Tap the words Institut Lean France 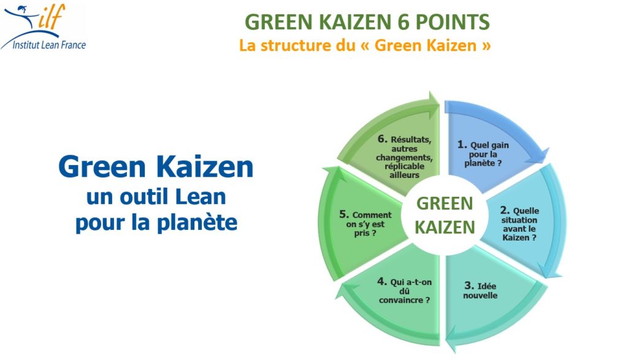coord(43,44)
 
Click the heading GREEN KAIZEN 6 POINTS coord(367,22)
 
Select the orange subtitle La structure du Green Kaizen coord(365,45)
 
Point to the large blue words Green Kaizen coord(156,167)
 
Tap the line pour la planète coord(156,222)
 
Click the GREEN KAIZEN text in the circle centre coord(444,215)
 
